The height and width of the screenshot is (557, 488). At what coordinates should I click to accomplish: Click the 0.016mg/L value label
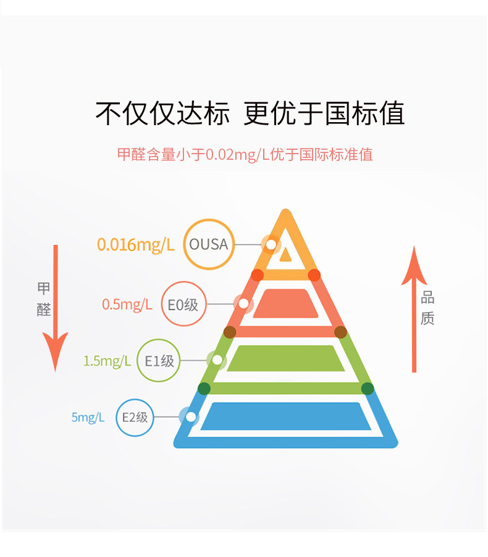tap(136, 245)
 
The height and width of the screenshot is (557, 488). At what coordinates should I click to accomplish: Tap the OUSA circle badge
tap(209, 244)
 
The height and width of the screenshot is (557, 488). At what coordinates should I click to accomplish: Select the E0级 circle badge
tap(183, 303)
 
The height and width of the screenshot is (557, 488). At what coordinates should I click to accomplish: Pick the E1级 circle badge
tap(159, 361)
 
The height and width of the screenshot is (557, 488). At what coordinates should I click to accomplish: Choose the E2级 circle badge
tap(134, 418)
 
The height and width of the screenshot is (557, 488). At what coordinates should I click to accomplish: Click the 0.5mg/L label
tap(127, 304)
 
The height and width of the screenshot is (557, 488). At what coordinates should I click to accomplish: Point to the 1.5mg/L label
tap(107, 361)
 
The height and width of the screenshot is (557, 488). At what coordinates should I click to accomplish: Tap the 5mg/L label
tap(88, 418)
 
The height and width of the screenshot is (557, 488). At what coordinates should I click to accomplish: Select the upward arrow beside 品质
tap(414, 308)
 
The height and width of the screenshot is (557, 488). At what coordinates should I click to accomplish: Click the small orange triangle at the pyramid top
tap(285, 254)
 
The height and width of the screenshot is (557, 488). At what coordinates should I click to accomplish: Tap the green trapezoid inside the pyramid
tap(285, 358)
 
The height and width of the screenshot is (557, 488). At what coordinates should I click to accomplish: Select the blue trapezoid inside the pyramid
tap(285, 416)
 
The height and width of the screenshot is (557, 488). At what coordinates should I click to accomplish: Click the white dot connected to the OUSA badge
tap(271, 245)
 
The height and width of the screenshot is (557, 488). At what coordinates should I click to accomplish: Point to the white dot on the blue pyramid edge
tap(191, 418)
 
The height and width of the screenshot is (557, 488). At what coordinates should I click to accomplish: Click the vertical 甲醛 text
tap(44, 299)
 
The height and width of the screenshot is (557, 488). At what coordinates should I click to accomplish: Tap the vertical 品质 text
tap(427, 308)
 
